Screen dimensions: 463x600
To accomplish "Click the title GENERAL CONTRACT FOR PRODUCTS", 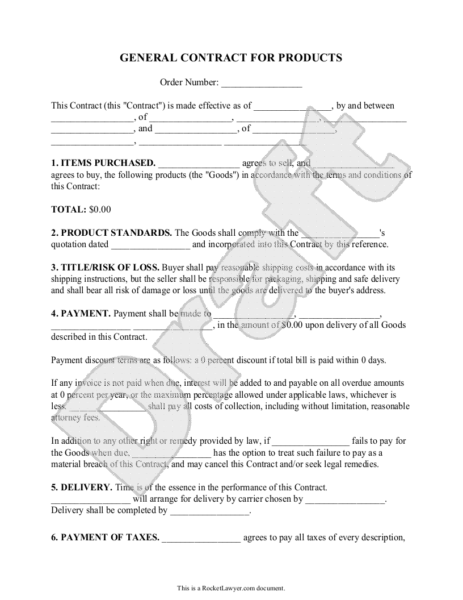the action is click(231, 58).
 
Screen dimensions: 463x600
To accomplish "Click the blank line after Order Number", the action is click(261, 84).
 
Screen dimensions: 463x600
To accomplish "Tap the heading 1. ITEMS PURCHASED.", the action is click(103, 163).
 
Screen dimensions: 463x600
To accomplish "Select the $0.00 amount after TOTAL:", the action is click(100, 209).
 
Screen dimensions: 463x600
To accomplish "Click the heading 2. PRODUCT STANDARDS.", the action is click(112, 232).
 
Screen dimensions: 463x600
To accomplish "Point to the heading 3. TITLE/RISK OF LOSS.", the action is click(105, 267).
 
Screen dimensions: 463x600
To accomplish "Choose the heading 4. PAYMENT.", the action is click(81, 313).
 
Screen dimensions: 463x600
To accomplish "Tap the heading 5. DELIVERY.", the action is click(82, 487).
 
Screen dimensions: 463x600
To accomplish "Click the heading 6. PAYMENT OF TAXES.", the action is click(105, 537).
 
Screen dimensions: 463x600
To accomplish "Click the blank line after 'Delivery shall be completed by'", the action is click(210, 511).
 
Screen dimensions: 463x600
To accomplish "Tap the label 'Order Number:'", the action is click(189, 83).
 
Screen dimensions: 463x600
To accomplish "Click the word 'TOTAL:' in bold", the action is click(69, 209).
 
